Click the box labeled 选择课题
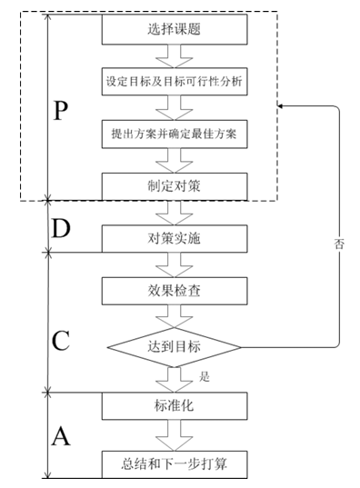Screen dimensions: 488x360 point(174,29)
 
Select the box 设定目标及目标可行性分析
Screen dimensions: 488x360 point(174,82)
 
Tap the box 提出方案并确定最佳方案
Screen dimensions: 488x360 point(174,134)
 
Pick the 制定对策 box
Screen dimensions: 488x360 point(174,185)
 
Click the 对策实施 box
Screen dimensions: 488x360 point(174,239)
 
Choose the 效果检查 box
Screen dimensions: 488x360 point(174,292)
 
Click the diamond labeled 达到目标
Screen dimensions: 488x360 point(174,346)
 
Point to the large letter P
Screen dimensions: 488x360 point(61,112)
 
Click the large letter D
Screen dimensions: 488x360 point(61,230)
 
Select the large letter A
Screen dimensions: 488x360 point(61,437)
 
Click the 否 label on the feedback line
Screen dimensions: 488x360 point(339,244)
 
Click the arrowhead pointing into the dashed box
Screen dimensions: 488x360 point(283,107)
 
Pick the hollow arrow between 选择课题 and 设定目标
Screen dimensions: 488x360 point(174,55)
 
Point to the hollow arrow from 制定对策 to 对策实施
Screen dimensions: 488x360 point(174,213)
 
